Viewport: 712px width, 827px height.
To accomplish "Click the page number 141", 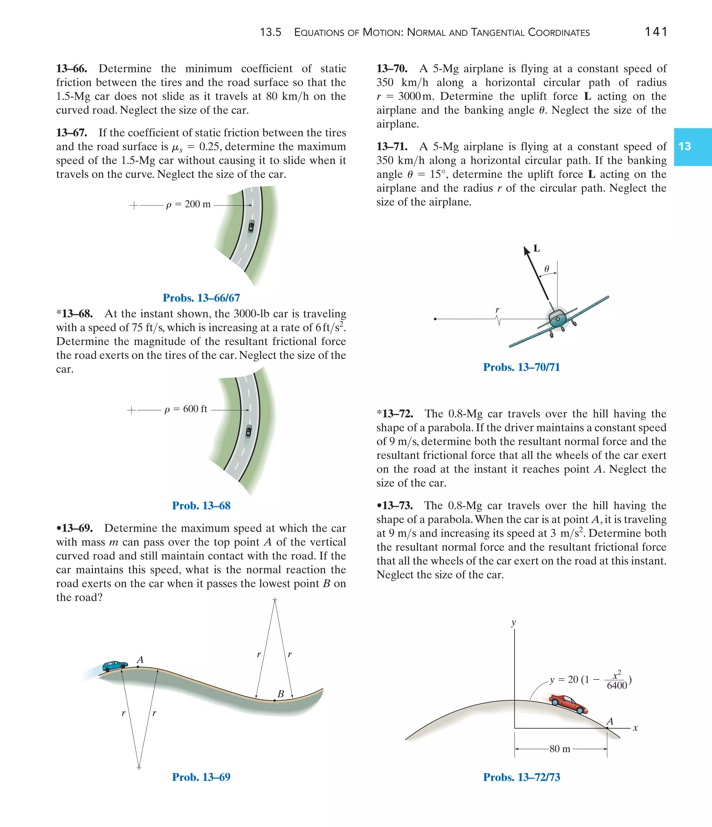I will (x=656, y=32).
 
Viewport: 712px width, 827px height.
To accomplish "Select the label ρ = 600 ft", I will (x=186, y=409).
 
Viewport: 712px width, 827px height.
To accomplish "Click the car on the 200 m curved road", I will (x=251, y=226).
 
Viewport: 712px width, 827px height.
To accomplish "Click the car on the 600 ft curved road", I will (x=249, y=431).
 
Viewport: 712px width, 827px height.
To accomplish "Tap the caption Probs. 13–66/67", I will (x=201, y=298).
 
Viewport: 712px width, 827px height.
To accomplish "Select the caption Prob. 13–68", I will (x=201, y=506).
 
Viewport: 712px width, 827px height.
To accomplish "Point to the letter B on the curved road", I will (x=281, y=694).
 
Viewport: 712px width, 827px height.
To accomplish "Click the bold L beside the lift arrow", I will (x=536, y=248).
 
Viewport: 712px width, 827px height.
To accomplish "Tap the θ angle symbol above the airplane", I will (x=547, y=269).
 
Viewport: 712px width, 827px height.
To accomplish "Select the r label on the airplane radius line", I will (x=497, y=310).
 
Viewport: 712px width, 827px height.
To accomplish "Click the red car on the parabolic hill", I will (x=568, y=705).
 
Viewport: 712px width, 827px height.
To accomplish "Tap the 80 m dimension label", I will (x=560, y=749).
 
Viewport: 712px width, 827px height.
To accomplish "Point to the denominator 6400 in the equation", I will (x=617, y=686).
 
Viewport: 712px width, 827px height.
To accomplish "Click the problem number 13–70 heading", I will (x=392, y=69).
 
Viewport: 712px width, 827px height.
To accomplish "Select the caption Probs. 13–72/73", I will (x=521, y=777).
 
